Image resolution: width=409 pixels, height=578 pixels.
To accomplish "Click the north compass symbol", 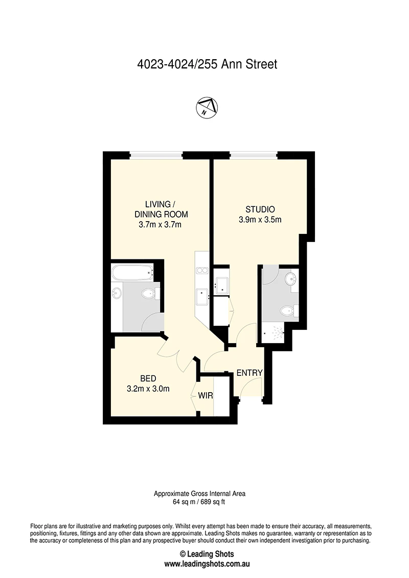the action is click(x=207, y=108).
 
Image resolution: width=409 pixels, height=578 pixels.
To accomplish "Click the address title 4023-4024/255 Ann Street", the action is click(x=207, y=64).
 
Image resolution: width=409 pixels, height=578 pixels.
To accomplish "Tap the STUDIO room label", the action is click(x=260, y=209).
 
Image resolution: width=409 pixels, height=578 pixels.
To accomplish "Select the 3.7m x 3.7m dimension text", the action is click(x=160, y=224).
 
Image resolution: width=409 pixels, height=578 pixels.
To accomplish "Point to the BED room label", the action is click(x=148, y=378).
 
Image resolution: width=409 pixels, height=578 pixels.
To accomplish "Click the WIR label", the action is click(x=206, y=396).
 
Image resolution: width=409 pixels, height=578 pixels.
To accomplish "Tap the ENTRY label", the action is click(x=249, y=373).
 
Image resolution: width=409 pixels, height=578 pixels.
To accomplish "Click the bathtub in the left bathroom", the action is click(x=132, y=273).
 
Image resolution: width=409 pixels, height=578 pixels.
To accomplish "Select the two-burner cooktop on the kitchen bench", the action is click(x=202, y=270).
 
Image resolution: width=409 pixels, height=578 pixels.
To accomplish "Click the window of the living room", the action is click(x=156, y=156).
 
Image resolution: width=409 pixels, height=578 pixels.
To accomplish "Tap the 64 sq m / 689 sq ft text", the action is click(x=199, y=502).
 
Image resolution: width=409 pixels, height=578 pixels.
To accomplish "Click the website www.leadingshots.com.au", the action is click(x=207, y=564).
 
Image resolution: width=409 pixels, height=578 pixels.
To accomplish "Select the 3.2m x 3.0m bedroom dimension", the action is click(x=148, y=388).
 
